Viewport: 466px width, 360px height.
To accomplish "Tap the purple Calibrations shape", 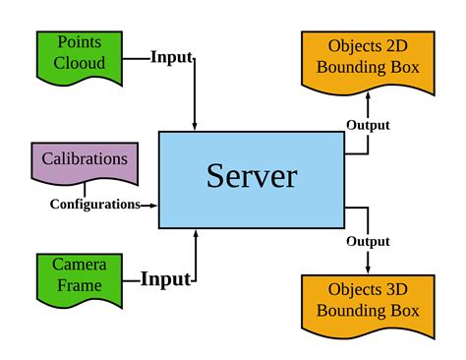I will click(85, 161).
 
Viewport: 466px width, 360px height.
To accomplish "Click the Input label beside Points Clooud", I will click(171, 56).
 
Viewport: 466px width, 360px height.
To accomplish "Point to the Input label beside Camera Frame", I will click(164, 279).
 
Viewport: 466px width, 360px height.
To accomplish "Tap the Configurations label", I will click(94, 205).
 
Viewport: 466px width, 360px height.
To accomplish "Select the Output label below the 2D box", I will click(369, 126).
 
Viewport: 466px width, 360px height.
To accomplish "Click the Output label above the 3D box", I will click(368, 241).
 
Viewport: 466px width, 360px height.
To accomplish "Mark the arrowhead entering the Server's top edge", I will click(197, 125).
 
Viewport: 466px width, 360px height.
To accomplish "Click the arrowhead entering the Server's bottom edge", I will click(197, 234).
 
